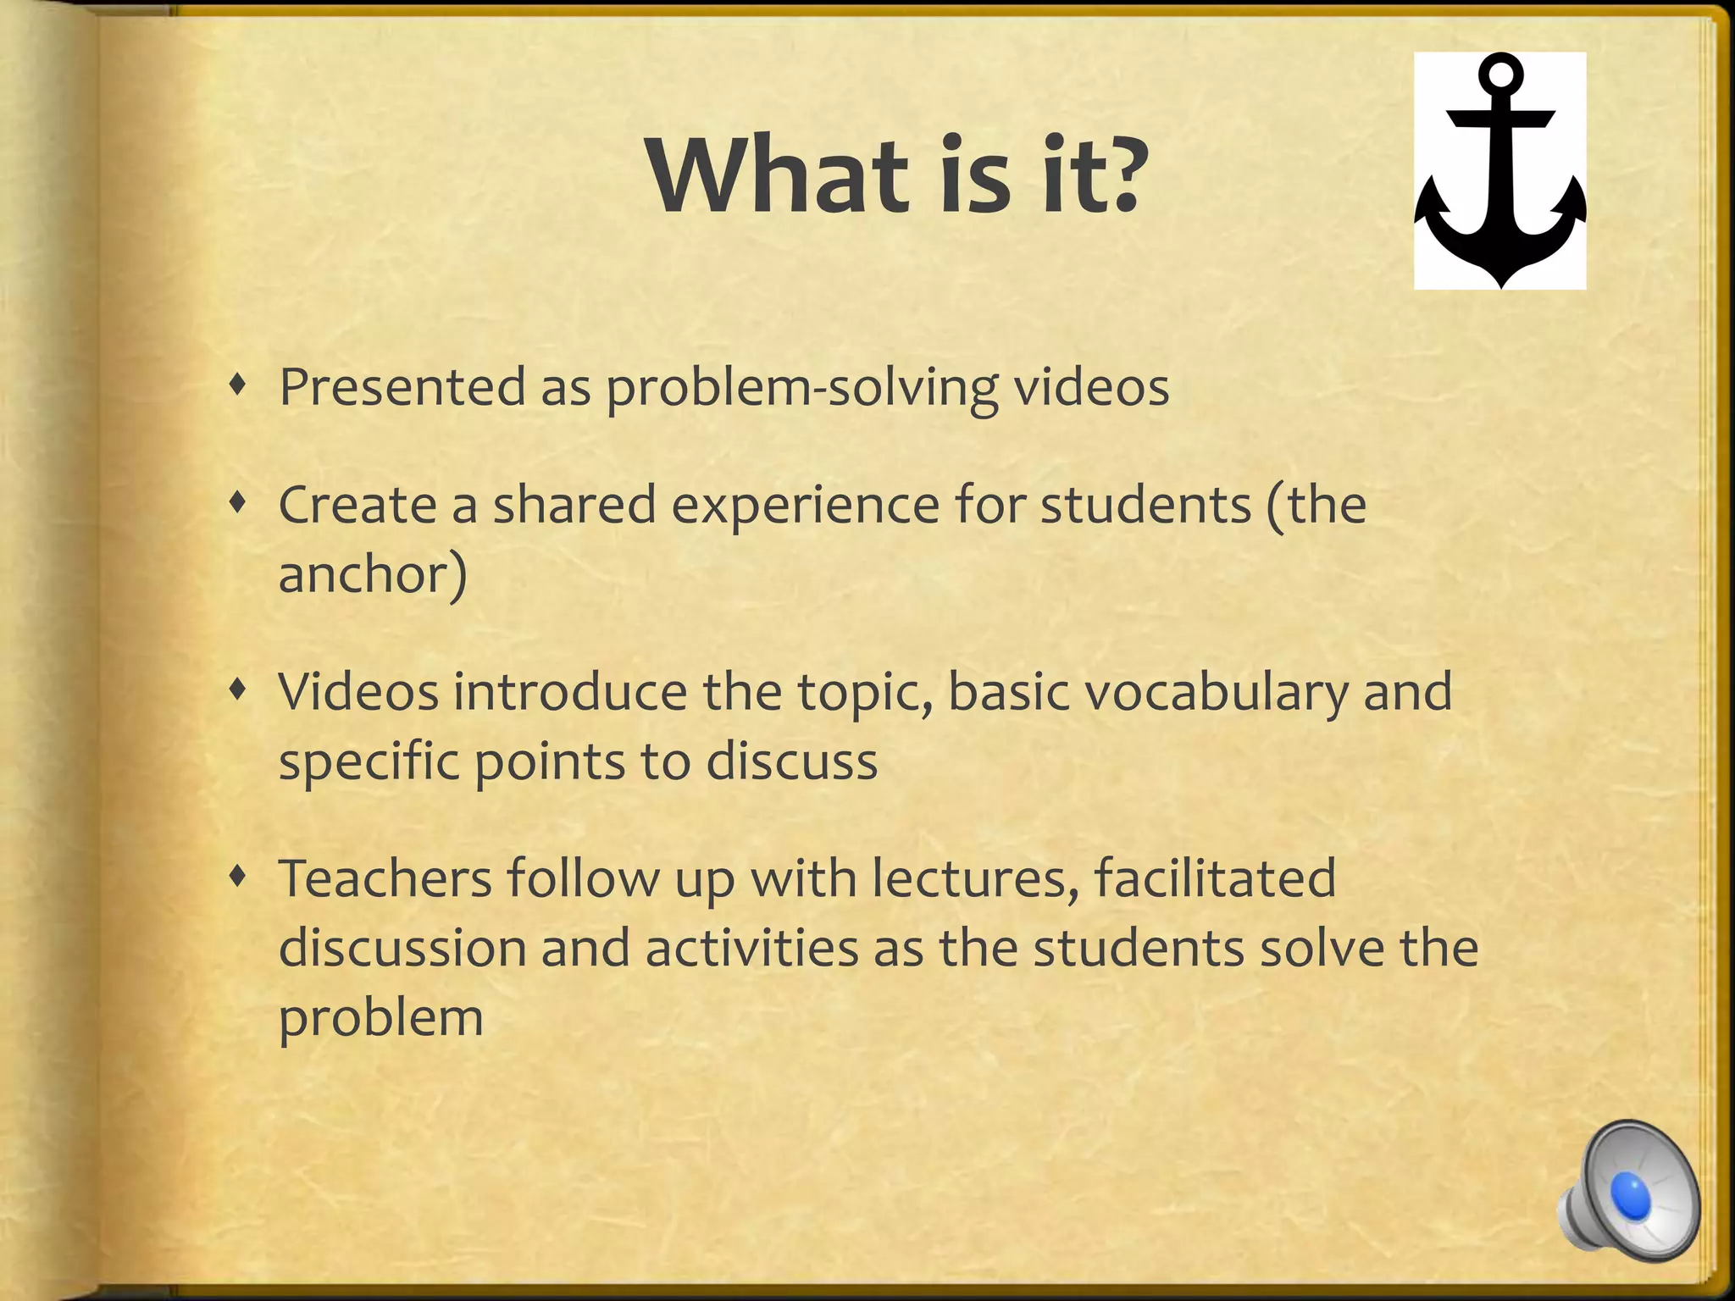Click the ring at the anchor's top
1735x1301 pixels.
[x=1500, y=75]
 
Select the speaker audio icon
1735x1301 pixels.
[x=1630, y=1190]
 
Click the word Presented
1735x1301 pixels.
[x=402, y=387]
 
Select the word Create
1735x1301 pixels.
[x=357, y=505]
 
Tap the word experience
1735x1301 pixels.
[x=806, y=507]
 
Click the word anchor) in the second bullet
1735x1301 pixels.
[x=373, y=575]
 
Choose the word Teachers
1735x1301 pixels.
[x=385, y=878]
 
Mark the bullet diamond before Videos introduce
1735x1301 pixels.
[x=241, y=691]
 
